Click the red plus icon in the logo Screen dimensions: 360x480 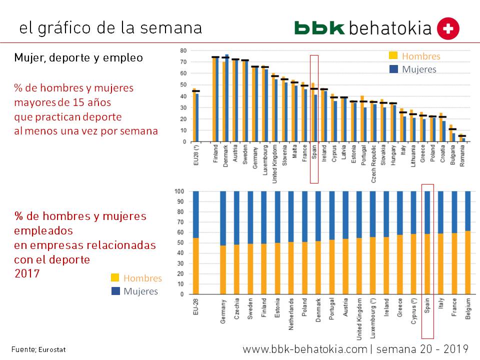(x=448, y=29)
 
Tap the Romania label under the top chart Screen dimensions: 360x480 (x=463, y=155)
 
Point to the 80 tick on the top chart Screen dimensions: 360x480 (x=183, y=50)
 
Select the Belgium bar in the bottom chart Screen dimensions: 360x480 (x=468, y=242)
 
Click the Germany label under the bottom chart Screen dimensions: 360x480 (x=223, y=311)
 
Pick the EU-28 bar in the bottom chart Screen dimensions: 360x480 (x=195, y=242)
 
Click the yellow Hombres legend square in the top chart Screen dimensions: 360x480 (x=393, y=56)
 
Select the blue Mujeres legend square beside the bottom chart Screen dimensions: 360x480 (x=115, y=291)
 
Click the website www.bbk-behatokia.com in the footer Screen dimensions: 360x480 (x=304, y=348)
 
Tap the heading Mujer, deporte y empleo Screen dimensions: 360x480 (x=78, y=58)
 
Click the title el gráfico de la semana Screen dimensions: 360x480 (x=110, y=28)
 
